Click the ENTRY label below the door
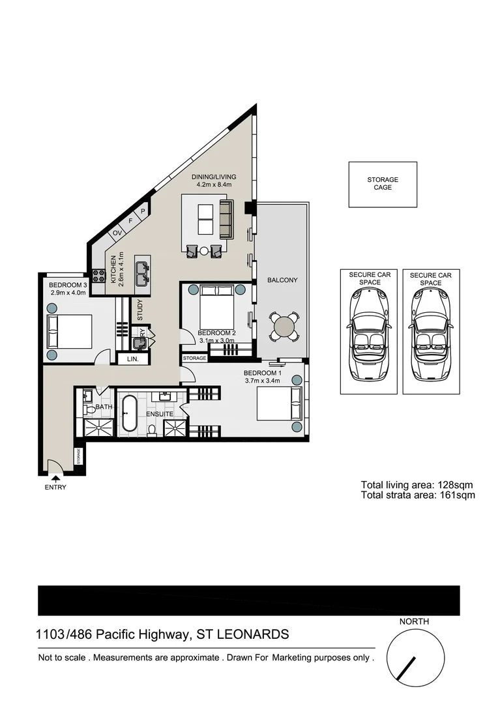55,487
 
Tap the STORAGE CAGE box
382,184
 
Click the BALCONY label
282,280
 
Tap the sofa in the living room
226,219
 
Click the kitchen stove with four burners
98,276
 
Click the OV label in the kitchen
118,233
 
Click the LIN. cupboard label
133,359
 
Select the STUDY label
140,310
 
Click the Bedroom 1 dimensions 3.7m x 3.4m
262,381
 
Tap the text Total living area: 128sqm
417,484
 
